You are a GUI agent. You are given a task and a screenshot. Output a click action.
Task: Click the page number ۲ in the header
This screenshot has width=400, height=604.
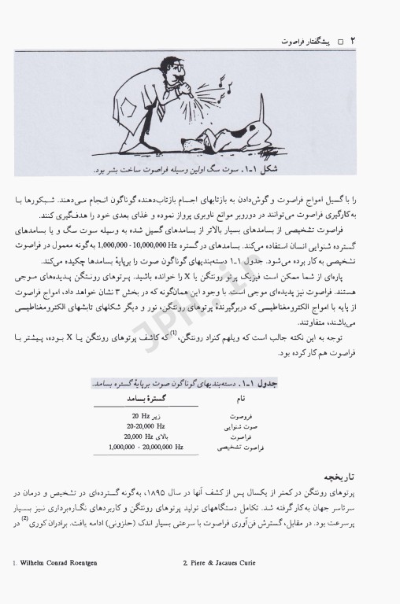[x=354, y=38]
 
